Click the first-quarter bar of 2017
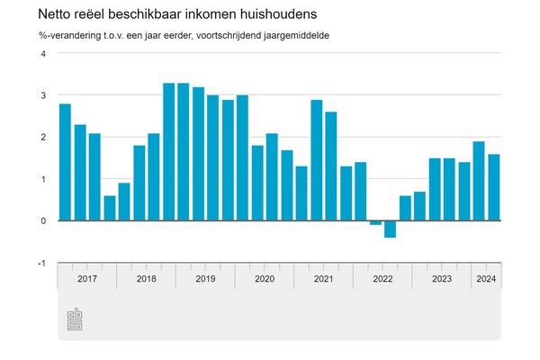[x=65, y=162]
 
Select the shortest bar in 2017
[x=109, y=208]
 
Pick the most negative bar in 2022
[x=390, y=229]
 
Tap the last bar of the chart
[x=493, y=187]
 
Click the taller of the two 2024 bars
[x=479, y=181]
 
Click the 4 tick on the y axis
[x=42, y=53]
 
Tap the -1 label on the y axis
[x=40, y=263]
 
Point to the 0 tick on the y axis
[x=42, y=221]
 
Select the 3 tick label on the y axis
[x=42, y=95]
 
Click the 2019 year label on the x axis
[x=205, y=278]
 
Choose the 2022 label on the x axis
[x=382, y=278]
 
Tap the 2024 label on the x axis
[x=486, y=278]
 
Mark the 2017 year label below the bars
[x=87, y=278]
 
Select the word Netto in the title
[x=56, y=15]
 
